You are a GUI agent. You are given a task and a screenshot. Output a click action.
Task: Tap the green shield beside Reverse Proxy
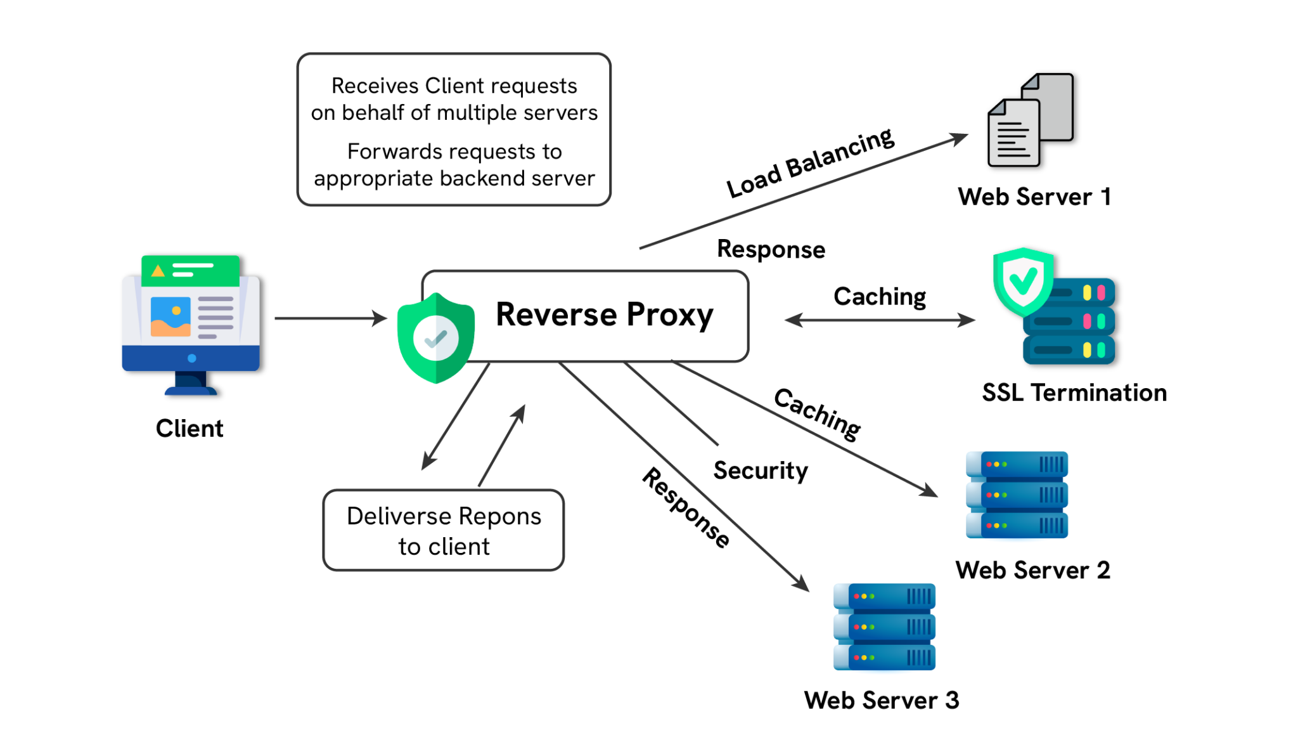pyautogui.click(x=435, y=337)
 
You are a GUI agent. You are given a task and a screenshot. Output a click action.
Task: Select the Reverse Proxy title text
pyautogui.click(x=604, y=315)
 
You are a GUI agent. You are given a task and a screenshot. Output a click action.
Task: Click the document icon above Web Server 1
pyautogui.click(x=1030, y=120)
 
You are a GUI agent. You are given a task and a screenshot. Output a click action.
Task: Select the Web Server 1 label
pyautogui.click(x=1034, y=197)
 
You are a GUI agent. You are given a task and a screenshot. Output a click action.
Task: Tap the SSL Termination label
pyautogui.click(x=1074, y=393)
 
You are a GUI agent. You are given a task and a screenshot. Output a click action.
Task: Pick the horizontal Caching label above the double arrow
pyautogui.click(x=879, y=296)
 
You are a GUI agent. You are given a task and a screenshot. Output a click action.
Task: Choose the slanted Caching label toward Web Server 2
pyautogui.click(x=817, y=413)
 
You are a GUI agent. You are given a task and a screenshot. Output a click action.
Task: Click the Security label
pyautogui.click(x=760, y=470)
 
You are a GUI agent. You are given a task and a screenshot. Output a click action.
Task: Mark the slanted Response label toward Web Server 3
pyautogui.click(x=686, y=507)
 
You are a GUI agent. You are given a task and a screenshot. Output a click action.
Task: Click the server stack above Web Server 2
pyautogui.click(x=1017, y=495)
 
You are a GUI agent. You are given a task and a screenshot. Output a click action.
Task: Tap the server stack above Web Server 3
pyautogui.click(x=884, y=627)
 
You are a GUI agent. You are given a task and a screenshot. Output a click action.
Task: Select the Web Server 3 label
pyautogui.click(x=881, y=700)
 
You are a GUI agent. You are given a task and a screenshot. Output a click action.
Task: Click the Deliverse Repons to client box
pyautogui.click(x=443, y=530)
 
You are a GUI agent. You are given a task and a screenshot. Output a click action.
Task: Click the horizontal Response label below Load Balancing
pyautogui.click(x=771, y=249)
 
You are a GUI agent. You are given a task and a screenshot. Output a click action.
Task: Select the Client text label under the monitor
pyautogui.click(x=190, y=428)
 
